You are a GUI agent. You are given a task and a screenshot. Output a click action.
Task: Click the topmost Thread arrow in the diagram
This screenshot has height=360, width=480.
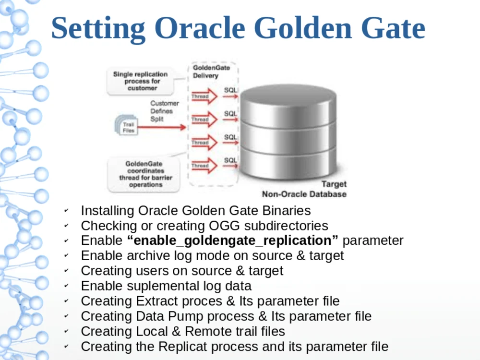pyautogui.click(x=204, y=96)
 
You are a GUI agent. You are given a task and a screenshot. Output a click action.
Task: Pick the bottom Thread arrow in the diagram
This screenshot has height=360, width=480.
pyautogui.click(x=204, y=166)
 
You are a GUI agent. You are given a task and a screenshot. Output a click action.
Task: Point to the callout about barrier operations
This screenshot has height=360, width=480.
pyautogui.click(x=145, y=174)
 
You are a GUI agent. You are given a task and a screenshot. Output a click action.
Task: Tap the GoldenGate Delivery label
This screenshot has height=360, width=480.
pyautogui.click(x=211, y=72)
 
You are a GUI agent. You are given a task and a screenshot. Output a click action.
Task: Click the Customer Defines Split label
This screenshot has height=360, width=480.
pyautogui.click(x=164, y=111)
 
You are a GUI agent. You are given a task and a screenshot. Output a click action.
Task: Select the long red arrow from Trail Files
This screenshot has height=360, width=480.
pyautogui.click(x=163, y=127)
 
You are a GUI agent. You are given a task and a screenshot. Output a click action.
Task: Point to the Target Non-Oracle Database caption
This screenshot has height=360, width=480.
pyautogui.click(x=304, y=190)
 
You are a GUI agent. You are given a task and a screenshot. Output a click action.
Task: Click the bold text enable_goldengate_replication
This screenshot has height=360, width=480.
pyautogui.click(x=232, y=240)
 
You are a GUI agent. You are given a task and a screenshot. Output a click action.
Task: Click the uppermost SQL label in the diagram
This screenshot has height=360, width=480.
pyautogui.click(x=230, y=90)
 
